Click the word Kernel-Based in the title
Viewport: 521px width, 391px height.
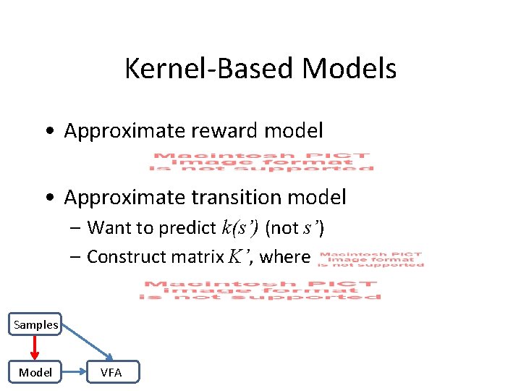[x=209, y=69]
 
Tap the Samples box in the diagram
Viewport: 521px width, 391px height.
[x=35, y=324]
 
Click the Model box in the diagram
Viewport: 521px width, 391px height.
[x=35, y=372]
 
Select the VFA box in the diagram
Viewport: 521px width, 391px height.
[x=111, y=372]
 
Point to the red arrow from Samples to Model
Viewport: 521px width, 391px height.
[x=35, y=348]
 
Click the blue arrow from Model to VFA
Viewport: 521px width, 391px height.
[x=74, y=372]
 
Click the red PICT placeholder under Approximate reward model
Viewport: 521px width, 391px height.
[x=262, y=161]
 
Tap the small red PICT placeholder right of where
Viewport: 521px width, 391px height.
[x=371, y=258]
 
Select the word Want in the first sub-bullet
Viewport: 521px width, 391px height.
[x=106, y=228]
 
